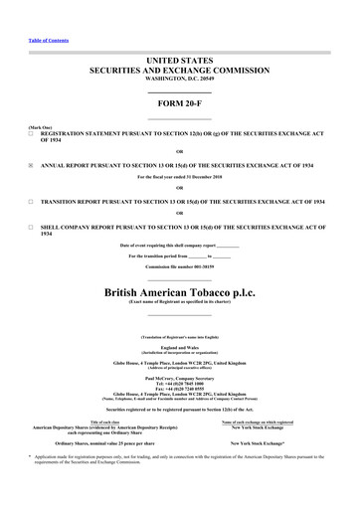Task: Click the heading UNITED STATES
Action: (179, 61)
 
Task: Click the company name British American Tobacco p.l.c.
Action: (179, 293)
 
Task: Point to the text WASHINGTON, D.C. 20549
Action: (179, 81)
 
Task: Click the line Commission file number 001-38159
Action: (179, 268)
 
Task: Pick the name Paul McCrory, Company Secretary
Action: (179, 378)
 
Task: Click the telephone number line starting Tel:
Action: (179, 385)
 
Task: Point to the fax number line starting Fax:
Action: (179, 392)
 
